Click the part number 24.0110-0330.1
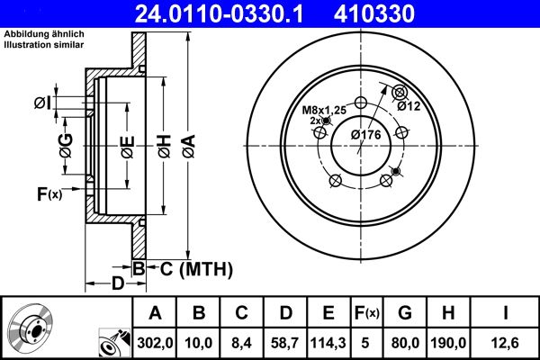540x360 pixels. point(231,13)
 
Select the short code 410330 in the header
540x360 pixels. point(401,13)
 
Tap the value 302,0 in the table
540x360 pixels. point(155,343)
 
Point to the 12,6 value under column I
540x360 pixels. point(506,343)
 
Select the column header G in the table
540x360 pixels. point(405,313)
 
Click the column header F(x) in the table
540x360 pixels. point(366,313)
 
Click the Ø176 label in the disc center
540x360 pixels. point(366,134)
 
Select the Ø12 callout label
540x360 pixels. point(409,106)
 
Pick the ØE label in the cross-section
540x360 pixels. point(127,143)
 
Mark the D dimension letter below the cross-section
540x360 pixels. point(118,284)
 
